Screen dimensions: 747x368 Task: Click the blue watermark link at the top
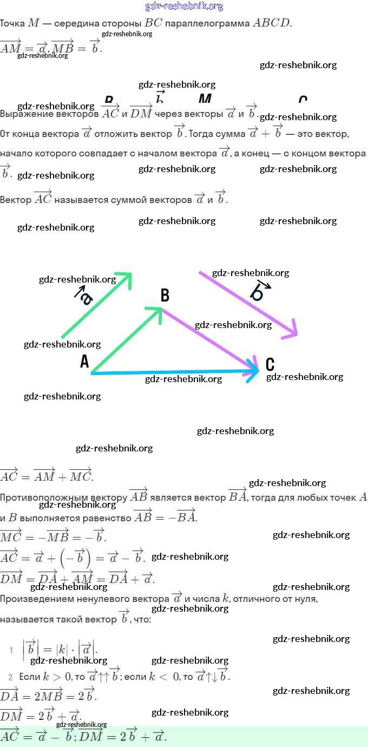pyautogui.click(x=184, y=6)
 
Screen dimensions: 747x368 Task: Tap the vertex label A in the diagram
pyautogui.click(x=84, y=362)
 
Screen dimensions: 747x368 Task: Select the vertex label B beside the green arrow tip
pyautogui.click(x=165, y=296)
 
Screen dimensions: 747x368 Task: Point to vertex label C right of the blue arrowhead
pyautogui.click(x=270, y=364)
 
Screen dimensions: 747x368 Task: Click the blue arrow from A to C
pyautogui.click(x=173, y=372)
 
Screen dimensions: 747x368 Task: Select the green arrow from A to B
pyautogui.click(x=127, y=340)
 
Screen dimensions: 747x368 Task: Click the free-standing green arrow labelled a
pyautogui.click(x=96, y=306)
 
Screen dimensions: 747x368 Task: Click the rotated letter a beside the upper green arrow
pyautogui.click(x=85, y=296)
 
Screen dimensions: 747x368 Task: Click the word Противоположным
pyautogui.click(x=63, y=497)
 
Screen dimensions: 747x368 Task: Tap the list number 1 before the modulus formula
pyautogui.click(x=11, y=650)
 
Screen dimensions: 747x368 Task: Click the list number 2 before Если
pyautogui.click(x=10, y=677)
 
